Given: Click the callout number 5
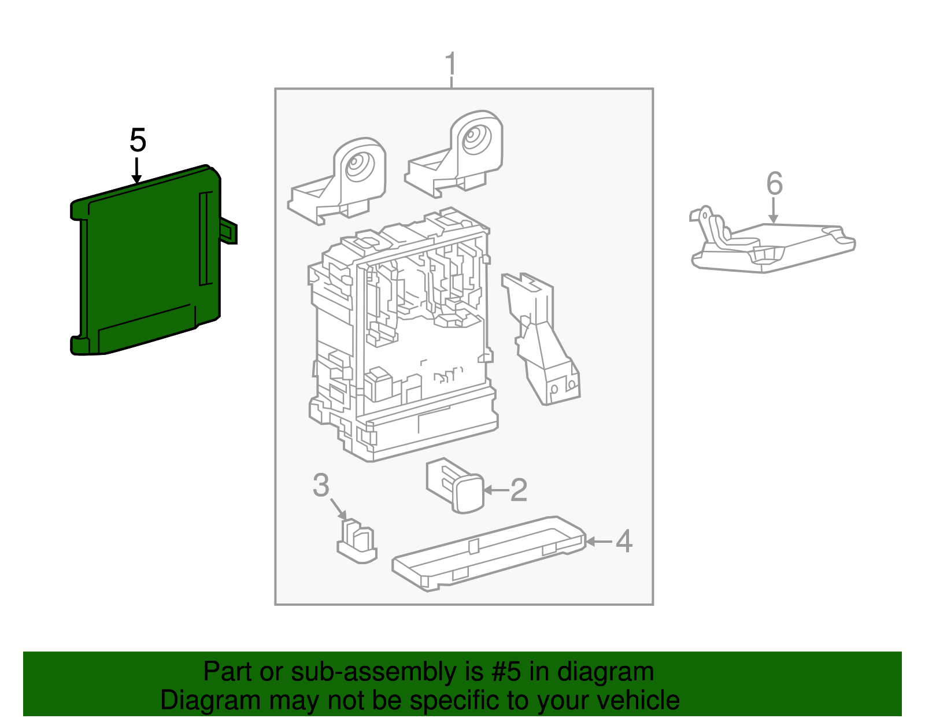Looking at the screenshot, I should [138, 140].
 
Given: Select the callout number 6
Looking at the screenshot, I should [774, 184].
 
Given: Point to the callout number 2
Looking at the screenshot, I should [518, 490].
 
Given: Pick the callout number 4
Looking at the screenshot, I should [624, 542].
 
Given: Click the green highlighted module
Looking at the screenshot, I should [145, 260].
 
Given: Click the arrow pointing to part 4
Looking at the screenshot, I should [599, 542].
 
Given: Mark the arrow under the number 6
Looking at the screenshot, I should [774, 210].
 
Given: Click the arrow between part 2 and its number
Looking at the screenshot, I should [495, 490].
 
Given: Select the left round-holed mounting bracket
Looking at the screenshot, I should [341, 179].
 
